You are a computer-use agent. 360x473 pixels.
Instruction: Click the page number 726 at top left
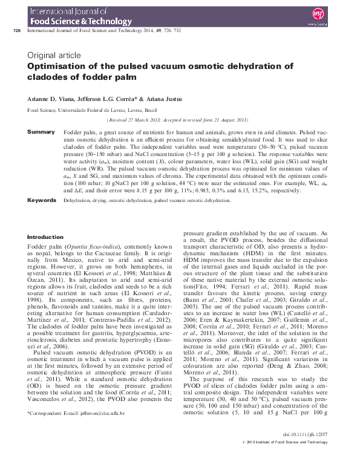[16, 30]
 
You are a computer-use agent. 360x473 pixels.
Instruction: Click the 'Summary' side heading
[41, 131]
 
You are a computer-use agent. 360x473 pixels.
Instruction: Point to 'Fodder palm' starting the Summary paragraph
[78, 131]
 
